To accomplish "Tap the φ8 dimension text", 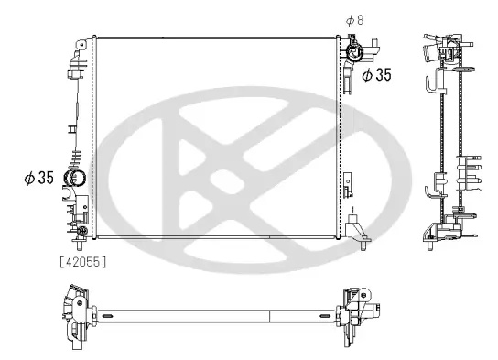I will point(354,19).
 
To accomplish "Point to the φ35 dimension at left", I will point(38,177).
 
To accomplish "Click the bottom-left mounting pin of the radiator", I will point(81,245).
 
